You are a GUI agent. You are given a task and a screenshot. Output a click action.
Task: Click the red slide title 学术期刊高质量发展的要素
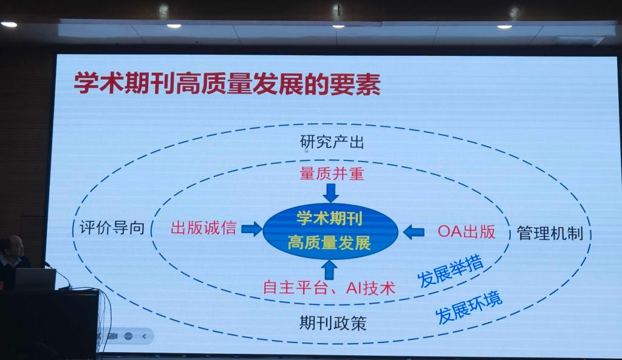click(227, 83)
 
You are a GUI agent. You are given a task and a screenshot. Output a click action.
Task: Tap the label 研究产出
click(332, 142)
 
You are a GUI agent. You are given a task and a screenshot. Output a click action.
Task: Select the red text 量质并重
click(332, 174)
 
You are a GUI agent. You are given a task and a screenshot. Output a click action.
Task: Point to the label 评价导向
click(112, 228)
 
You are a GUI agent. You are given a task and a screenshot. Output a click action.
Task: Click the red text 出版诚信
click(203, 228)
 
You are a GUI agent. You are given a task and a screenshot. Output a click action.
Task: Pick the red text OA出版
click(466, 231)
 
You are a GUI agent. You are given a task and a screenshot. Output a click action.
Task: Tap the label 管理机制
click(550, 233)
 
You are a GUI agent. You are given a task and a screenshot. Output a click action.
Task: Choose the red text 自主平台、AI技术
click(329, 287)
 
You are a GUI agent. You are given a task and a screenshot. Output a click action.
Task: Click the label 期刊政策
click(333, 323)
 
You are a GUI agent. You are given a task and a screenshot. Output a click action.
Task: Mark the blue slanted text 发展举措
click(450, 271)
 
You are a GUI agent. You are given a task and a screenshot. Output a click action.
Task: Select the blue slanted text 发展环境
click(469, 308)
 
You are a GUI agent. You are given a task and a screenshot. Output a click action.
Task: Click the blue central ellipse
click(330, 231)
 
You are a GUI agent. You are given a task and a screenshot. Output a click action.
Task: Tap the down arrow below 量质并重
click(331, 193)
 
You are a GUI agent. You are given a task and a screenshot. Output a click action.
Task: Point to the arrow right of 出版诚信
click(251, 229)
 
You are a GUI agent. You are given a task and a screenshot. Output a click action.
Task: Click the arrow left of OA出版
click(414, 232)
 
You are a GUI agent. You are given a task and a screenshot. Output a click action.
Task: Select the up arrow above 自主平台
click(329, 270)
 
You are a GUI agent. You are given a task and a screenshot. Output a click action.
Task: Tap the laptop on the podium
click(36, 279)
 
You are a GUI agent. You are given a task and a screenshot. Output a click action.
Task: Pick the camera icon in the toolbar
click(113, 336)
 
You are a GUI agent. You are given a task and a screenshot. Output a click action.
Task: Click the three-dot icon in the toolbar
click(129, 336)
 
